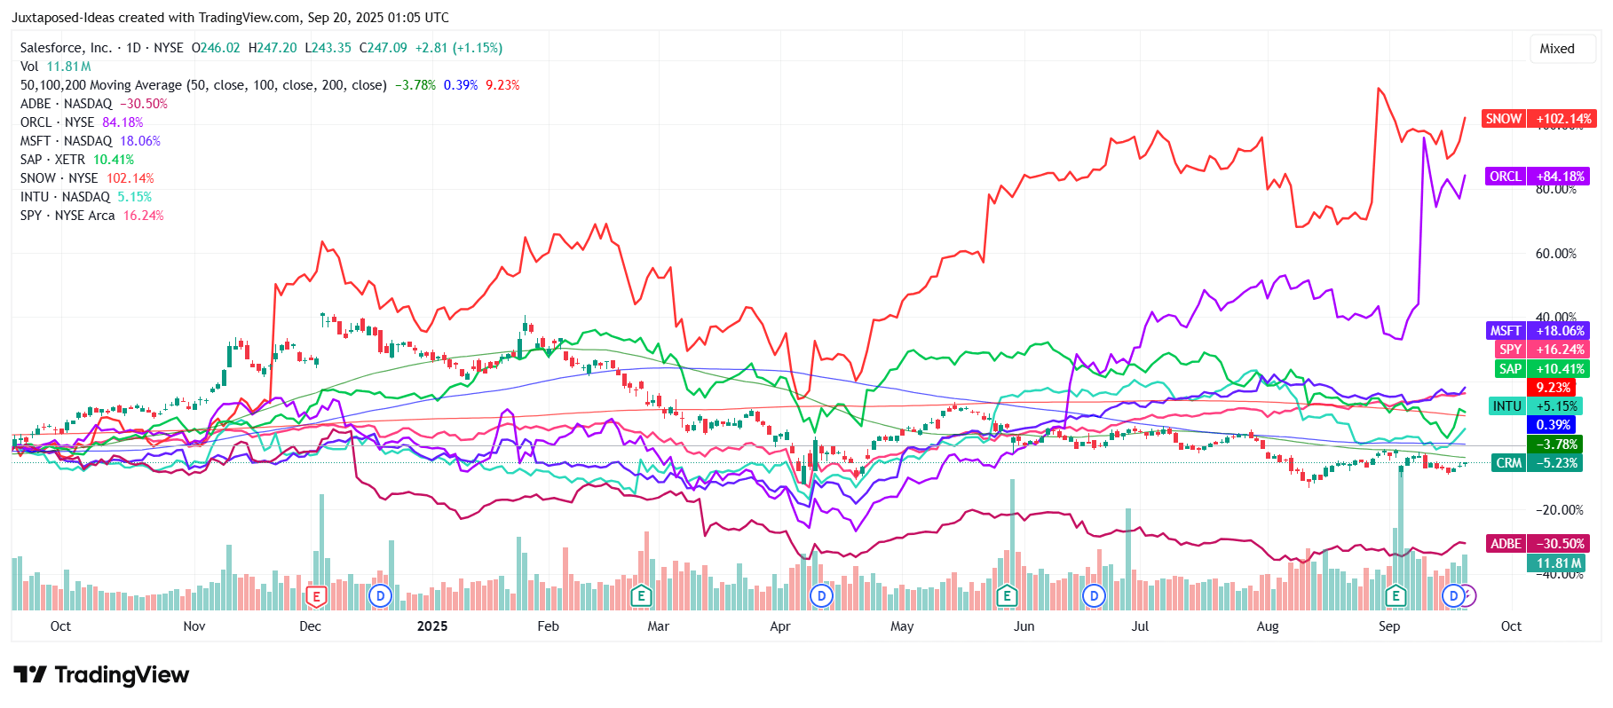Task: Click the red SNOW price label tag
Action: coord(1538,119)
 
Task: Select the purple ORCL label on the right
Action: coord(1538,177)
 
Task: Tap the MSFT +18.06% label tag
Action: coord(1538,331)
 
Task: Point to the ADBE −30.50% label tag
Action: coord(1538,544)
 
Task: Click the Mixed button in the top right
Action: coord(1556,49)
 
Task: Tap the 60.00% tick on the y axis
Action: coord(1555,254)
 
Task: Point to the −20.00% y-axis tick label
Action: coord(1559,510)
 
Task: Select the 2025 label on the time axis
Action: coord(432,626)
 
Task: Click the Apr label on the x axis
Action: coord(779,626)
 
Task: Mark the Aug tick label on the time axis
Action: coord(1267,626)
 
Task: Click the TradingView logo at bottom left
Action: coord(101,675)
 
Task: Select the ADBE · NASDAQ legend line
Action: coord(93,104)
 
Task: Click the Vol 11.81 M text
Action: coord(55,67)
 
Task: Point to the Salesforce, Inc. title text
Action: coord(66,48)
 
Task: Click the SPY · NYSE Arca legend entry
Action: coord(91,216)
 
